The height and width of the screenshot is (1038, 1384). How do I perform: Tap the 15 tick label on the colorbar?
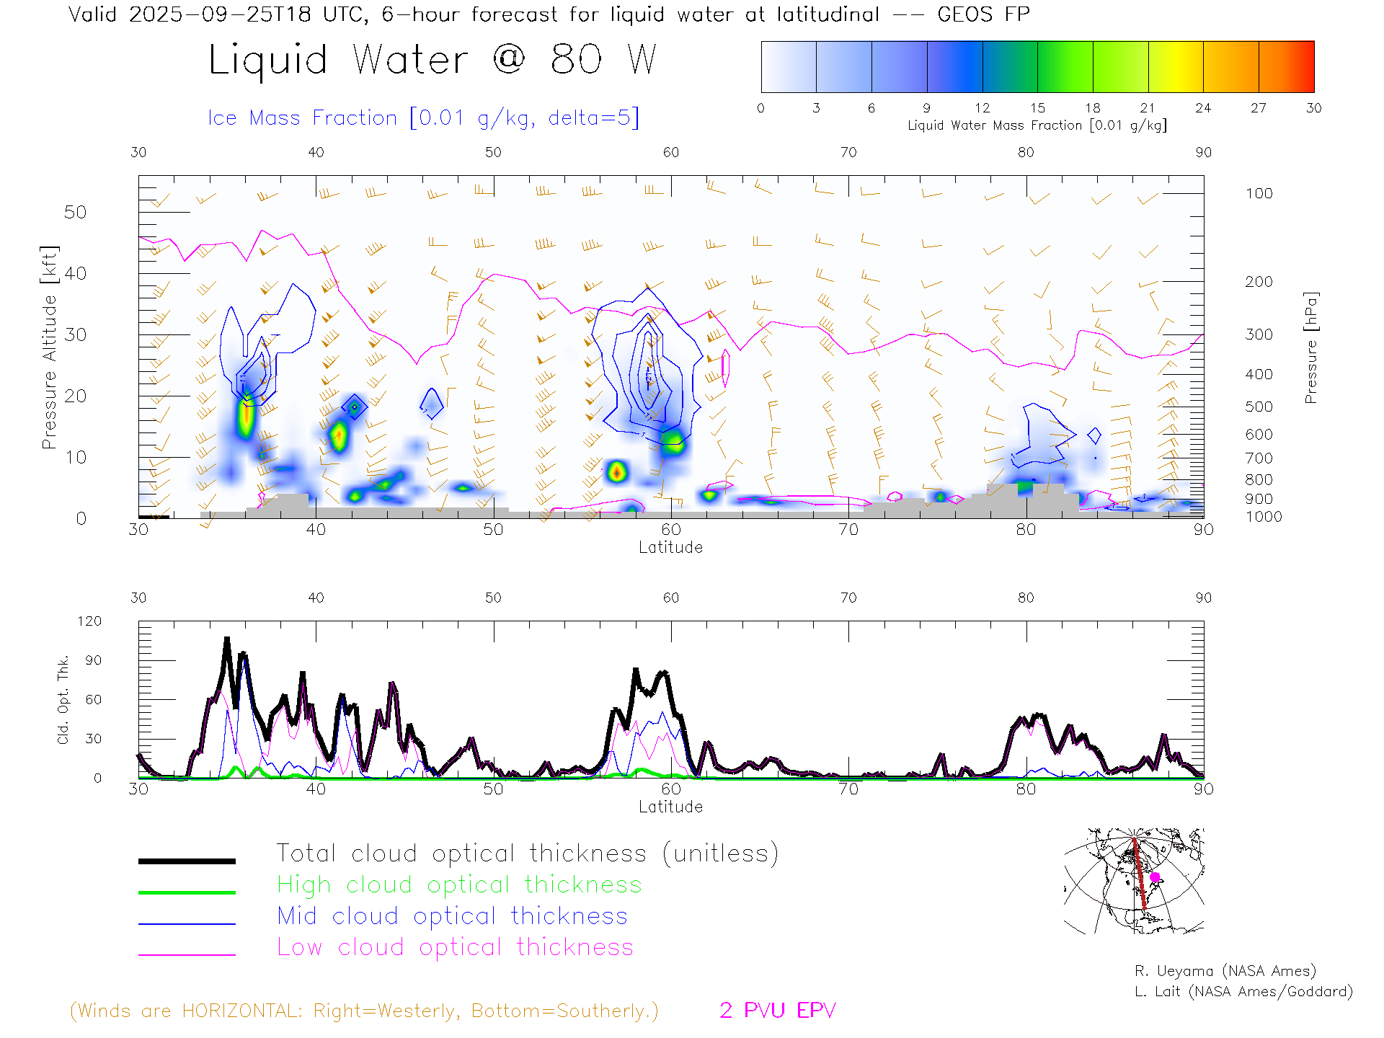point(1037,108)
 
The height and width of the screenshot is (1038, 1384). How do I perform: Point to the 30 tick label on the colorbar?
point(1313,108)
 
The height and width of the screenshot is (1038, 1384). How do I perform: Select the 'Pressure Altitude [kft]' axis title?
point(49,347)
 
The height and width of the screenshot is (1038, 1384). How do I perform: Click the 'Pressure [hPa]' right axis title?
point(1311,347)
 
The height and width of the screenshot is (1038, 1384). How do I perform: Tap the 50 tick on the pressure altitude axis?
point(75,212)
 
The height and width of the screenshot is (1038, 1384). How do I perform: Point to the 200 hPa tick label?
point(1259,282)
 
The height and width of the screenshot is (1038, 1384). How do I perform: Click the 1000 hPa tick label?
point(1264,517)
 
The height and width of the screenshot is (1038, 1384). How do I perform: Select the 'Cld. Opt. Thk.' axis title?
point(63,699)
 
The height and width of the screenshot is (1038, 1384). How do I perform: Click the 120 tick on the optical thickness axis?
point(89,621)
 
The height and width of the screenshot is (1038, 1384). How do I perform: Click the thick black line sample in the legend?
point(187,861)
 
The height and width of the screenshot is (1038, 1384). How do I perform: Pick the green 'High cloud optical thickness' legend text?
point(459,884)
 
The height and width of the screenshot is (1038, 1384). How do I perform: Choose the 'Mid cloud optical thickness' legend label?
point(452,916)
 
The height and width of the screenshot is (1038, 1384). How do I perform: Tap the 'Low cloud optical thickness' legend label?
point(455,947)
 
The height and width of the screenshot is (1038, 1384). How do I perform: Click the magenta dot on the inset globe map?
point(1155,877)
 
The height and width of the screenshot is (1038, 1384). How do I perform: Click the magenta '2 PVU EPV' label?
point(777,1011)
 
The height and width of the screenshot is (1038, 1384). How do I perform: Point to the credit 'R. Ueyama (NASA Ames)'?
point(1225,971)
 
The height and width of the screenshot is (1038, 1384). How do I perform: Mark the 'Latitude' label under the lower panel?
point(670,807)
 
